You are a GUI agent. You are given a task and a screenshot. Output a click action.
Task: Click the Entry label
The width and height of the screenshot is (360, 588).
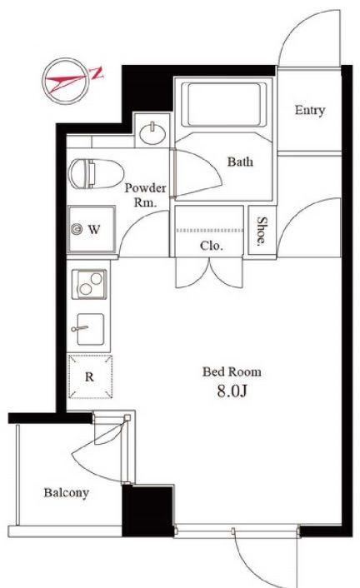pos(309,110)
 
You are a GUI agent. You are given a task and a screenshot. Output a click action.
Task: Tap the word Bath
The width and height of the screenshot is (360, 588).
pos(240,162)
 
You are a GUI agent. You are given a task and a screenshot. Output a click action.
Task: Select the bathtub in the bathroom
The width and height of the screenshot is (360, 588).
pos(223,105)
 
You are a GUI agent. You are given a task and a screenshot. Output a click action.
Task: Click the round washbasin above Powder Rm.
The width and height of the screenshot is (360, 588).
pos(152,132)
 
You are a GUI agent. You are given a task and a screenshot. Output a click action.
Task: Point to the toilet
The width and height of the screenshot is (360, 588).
pos(96,173)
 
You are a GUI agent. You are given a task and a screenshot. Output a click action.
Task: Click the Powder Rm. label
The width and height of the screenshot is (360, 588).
pos(145,195)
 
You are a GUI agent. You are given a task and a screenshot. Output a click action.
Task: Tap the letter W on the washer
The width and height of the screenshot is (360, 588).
pos(94,229)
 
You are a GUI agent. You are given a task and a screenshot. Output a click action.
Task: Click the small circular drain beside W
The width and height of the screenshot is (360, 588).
pos(77,229)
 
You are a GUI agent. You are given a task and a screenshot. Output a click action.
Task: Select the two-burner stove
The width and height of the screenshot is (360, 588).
pos(89,284)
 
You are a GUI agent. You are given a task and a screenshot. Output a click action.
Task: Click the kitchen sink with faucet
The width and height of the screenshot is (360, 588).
pos(89,329)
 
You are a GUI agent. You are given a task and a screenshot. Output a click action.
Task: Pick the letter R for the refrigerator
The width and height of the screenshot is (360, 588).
pos(89,377)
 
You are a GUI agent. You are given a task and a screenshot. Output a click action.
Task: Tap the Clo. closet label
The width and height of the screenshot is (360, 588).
pos(212,246)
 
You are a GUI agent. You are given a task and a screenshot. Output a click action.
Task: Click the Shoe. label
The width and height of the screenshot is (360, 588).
pos(262,232)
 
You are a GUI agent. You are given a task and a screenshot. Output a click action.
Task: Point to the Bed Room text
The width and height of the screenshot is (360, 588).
pos(232,371)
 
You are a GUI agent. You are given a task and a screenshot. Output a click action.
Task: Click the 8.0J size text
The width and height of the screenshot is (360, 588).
pos(232,391)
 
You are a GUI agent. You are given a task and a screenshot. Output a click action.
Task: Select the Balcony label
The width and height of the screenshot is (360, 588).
pos(67,493)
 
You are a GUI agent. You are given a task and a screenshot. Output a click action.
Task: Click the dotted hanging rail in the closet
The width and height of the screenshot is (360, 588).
pos(209,231)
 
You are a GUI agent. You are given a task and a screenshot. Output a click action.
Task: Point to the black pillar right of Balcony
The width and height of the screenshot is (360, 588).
pos(147,511)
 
